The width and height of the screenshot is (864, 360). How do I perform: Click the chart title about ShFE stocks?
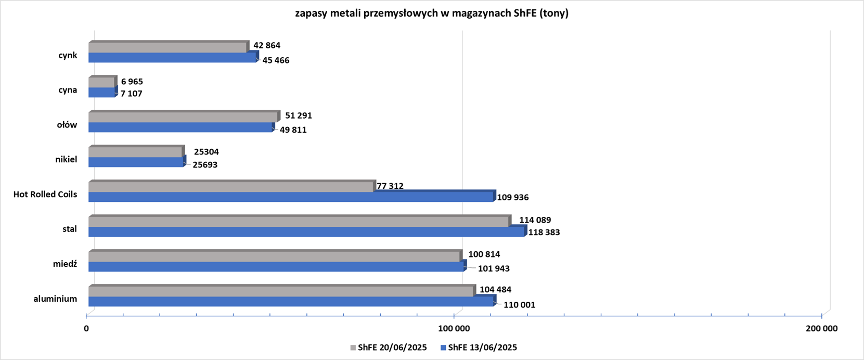point(432,14)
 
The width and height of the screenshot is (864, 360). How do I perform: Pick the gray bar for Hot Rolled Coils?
point(231,187)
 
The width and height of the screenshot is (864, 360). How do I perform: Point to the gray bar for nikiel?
point(135,152)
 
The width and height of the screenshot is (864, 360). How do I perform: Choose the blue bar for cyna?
point(101,93)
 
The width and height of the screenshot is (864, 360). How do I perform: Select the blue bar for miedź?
point(276,267)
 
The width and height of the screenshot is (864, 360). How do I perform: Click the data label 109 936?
point(512,198)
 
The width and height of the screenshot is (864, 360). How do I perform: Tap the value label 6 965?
point(132,82)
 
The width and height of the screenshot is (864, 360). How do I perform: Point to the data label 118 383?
point(544,233)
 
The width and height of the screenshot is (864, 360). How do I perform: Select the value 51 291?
point(299,115)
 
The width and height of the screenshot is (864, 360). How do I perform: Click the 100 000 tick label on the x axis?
point(454,329)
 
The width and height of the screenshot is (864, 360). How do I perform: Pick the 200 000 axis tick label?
point(821,329)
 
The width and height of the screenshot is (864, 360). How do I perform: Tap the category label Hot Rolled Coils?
point(45,195)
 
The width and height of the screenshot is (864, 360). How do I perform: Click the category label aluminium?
point(55,299)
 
